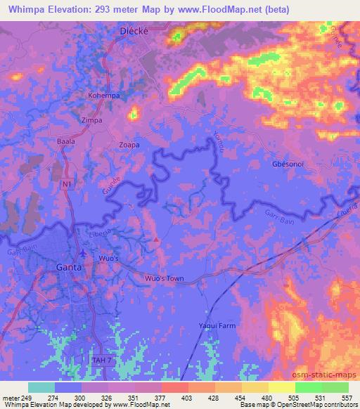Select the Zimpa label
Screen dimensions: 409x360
(x=93, y=120)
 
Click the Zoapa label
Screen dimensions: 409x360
(x=129, y=145)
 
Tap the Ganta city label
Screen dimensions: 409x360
(x=69, y=268)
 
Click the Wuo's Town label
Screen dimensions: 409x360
(x=164, y=279)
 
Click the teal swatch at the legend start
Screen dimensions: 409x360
(x=41, y=387)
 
